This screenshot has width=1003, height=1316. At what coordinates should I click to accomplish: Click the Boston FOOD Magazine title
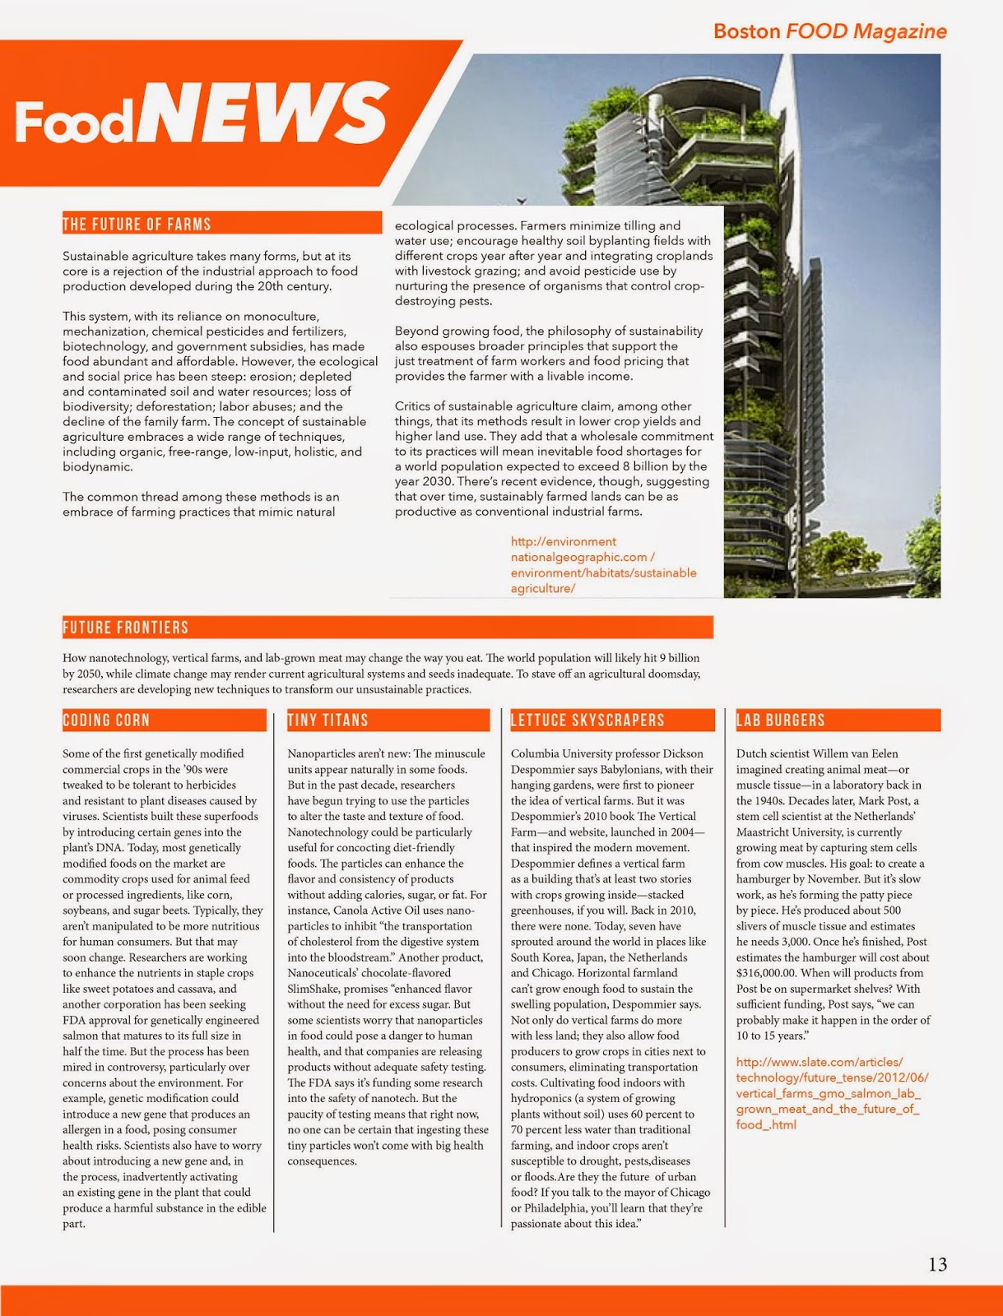tap(829, 31)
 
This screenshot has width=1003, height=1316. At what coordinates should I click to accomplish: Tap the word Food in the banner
tap(73, 122)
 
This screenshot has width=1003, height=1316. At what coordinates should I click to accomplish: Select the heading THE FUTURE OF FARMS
tap(137, 225)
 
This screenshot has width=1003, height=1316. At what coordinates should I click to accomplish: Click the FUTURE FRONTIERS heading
tap(126, 628)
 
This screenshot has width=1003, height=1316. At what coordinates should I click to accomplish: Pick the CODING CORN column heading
tap(106, 721)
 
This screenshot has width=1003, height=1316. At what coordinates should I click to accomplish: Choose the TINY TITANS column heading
tap(327, 721)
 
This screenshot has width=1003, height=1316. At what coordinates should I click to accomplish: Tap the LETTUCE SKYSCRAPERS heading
tap(587, 721)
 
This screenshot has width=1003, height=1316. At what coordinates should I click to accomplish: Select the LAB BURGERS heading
tap(780, 721)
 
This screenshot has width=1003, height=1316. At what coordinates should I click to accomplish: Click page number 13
tap(937, 1264)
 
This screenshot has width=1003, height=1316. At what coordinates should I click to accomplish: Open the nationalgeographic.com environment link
tap(602, 565)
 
